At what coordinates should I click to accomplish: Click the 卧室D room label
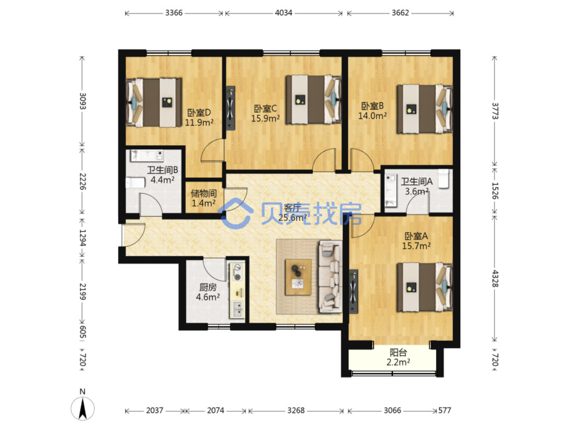pyautogui.click(x=199, y=113)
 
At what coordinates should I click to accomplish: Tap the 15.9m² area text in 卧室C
pyautogui.click(x=265, y=118)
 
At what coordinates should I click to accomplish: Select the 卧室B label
pyautogui.click(x=372, y=106)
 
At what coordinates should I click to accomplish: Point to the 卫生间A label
pyautogui.click(x=417, y=182)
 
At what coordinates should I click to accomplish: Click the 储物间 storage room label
pyautogui.click(x=204, y=193)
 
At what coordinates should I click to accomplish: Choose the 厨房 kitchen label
pyautogui.click(x=208, y=288)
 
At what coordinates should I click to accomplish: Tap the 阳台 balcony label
pyautogui.click(x=398, y=353)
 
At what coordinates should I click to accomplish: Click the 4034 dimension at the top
pyautogui.click(x=283, y=13)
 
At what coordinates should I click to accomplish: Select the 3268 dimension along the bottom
pyautogui.click(x=296, y=411)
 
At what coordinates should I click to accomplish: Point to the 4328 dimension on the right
pyautogui.click(x=495, y=279)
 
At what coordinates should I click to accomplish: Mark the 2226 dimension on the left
pyautogui.click(x=83, y=182)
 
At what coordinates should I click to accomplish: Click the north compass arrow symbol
pyautogui.click(x=83, y=409)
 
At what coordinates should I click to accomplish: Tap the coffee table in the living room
pyautogui.click(x=298, y=277)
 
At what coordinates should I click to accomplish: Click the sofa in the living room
pyautogui.click(x=330, y=277)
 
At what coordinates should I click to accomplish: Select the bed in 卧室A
pyautogui.click(x=425, y=287)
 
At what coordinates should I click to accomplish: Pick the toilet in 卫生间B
pyautogui.click(x=135, y=183)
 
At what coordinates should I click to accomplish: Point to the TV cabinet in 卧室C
pyautogui.click(x=230, y=108)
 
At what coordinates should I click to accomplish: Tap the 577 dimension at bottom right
pyautogui.click(x=445, y=411)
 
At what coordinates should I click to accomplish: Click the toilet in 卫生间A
pyautogui.click(x=444, y=178)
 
